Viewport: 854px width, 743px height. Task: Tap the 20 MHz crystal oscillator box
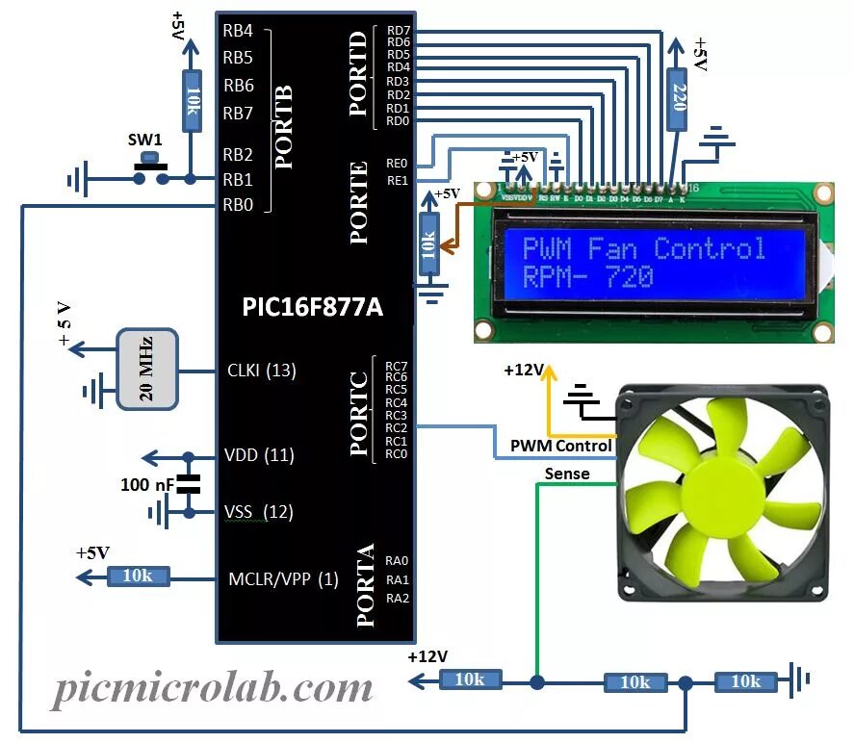[146, 369]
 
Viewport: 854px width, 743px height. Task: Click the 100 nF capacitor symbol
[190, 483]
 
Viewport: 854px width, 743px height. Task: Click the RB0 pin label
[238, 204]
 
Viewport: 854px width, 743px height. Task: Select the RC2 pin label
[396, 427]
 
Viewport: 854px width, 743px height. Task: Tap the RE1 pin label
[396, 180]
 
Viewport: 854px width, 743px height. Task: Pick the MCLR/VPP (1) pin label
[283, 579]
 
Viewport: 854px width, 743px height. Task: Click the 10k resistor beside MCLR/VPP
[138, 576]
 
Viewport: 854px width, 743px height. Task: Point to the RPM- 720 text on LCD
[587, 278]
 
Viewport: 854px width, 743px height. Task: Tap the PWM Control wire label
[560, 446]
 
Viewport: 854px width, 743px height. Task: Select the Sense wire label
[567, 474]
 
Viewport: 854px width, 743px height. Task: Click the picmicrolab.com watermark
[212, 688]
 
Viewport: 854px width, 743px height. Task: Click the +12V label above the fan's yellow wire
[523, 369]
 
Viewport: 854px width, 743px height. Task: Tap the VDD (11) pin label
[260, 454]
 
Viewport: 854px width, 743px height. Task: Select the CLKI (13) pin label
[261, 370]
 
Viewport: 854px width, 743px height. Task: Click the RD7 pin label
[398, 31]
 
